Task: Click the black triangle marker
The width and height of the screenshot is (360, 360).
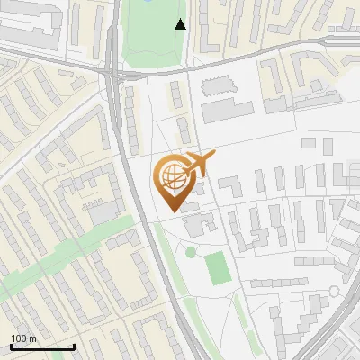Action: (x=181, y=24)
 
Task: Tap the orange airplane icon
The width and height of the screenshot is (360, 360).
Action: (x=198, y=164)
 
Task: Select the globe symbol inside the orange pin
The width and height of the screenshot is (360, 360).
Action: (x=171, y=176)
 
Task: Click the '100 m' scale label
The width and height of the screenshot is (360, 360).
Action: (x=23, y=338)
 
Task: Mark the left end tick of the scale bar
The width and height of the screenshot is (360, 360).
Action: (x=12, y=346)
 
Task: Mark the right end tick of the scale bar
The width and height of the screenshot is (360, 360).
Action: (x=74, y=346)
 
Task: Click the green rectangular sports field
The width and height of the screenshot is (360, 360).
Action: (x=216, y=267)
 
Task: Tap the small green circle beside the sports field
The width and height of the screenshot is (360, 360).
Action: (x=191, y=251)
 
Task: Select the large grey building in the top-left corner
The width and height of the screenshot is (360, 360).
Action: (x=27, y=27)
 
